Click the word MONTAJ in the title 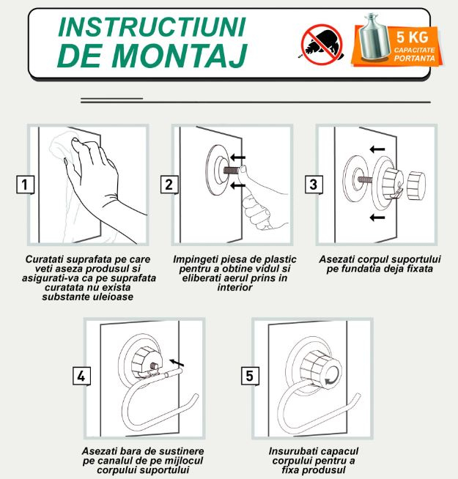tap(180, 56)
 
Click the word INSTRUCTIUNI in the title tap(152, 27)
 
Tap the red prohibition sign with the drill tap(322, 45)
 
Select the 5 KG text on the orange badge tap(412, 37)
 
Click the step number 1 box tap(25, 185)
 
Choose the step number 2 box tap(169, 185)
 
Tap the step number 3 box tap(314, 185)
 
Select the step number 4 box tap(81, 376)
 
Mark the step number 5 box tap(250, 376)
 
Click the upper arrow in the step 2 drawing tap(237, 157)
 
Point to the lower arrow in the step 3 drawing tap(377, 218)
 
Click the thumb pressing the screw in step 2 tap(245, 174)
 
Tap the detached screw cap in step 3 tap(416, 186)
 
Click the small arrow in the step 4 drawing tap(177, 363)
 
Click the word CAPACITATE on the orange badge tap(414, 50)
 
